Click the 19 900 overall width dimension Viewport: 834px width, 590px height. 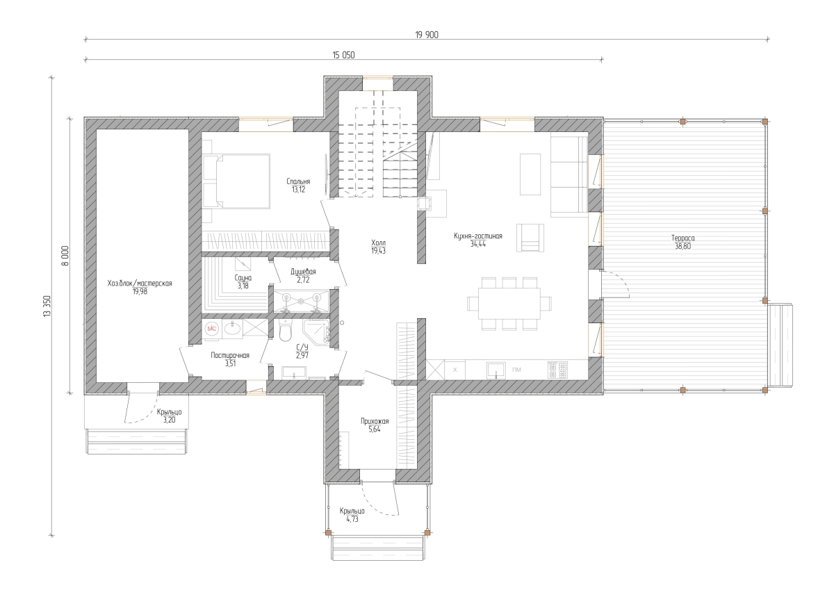427,35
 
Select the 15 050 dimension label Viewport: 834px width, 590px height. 343,55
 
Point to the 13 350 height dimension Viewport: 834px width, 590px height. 47,306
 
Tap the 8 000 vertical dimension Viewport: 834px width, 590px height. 65,256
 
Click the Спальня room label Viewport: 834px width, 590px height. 298,181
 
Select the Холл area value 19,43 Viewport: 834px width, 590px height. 378,251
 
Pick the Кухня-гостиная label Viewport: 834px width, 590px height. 477,236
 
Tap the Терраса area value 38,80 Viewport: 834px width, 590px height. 682,246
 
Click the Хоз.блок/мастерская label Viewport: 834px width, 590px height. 140,284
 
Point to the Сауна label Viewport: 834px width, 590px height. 243,278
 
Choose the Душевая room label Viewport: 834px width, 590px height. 303,272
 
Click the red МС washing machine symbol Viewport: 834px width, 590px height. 211,329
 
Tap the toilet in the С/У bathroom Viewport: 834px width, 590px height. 285,331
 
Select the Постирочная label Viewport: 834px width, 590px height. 230,355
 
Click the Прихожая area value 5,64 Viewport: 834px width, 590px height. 375,429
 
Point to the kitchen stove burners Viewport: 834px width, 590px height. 557,370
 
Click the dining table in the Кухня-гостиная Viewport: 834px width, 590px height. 509,304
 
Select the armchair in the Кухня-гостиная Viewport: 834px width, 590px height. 530,238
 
